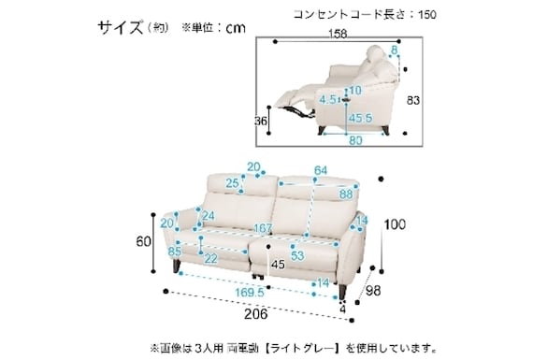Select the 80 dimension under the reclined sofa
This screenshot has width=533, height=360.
(355, 140)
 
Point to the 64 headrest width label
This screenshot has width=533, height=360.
(321, 170)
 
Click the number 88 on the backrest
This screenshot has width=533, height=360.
(346, 194)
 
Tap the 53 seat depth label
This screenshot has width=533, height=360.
(297, 254)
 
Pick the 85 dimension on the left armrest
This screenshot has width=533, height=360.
(175, 252)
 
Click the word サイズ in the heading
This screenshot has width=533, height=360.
(121, 27)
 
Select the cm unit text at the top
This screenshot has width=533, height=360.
(235, 27)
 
